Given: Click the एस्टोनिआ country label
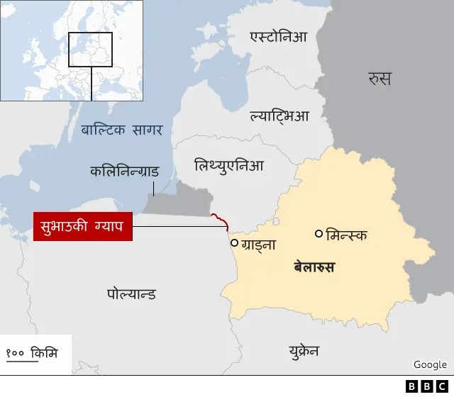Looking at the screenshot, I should tap(279, 37).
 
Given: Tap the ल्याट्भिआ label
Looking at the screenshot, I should tap(279, 115).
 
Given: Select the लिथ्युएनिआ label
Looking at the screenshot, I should tap(229, 166).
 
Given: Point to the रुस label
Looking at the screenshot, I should tap(380, 78).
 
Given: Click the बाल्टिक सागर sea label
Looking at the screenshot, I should tap(122, 130).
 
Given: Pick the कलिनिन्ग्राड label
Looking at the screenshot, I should tap(124, 172).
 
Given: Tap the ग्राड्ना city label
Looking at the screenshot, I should tap(258, 245).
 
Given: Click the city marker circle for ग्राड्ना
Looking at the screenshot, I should tap(234, 242).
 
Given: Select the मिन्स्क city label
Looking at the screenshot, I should tap(347, 234).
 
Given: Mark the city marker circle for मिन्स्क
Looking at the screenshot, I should tap(319, 233).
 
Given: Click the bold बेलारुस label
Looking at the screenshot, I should tap(314, 267).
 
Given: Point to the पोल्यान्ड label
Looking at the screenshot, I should tap(132, 293).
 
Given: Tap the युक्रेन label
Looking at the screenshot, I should tap(304, 351).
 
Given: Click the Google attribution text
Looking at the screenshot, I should tap(430, 364).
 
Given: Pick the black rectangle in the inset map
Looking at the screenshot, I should tap(91, 50).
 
